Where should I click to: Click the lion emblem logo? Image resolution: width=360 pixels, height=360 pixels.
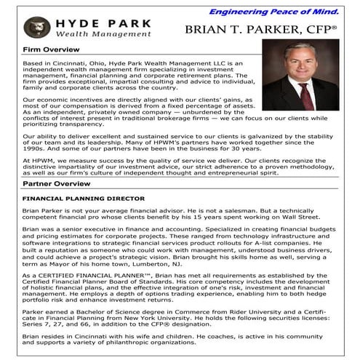(34, 28)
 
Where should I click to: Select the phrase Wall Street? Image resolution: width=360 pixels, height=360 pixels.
(319, 217)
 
